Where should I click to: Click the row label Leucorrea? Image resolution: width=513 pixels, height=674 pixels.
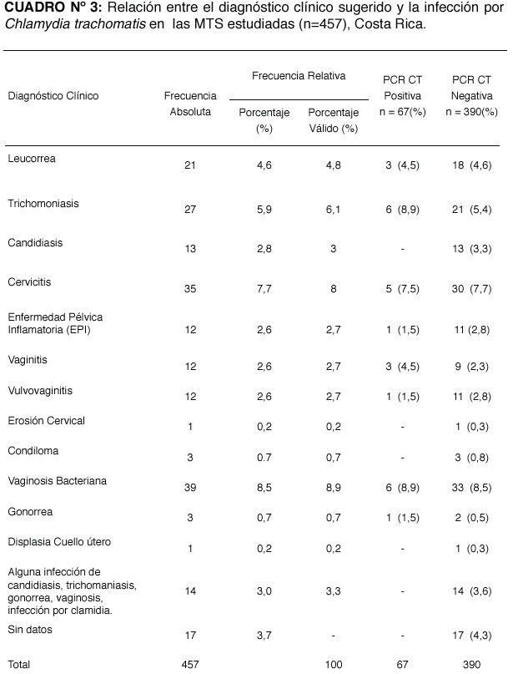(x=32, y=158)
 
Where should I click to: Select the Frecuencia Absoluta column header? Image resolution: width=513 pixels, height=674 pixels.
(x=190, y=104)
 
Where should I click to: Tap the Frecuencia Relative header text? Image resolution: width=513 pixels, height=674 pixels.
(x=299, y=76)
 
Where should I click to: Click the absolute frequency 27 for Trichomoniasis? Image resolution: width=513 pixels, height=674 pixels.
(x=190, y=210)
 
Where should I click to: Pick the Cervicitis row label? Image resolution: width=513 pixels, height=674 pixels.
(x=29, y=282)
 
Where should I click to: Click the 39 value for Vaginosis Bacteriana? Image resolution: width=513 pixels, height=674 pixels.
(x=190, y=488)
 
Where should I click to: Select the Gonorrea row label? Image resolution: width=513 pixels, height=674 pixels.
(x=30, y=511)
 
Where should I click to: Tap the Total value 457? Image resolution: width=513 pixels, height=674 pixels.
(x=190, y=665)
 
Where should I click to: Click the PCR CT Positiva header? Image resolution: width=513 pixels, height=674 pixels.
(x=402, y=96)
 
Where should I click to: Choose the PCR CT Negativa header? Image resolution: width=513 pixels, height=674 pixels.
(x=471, y=96)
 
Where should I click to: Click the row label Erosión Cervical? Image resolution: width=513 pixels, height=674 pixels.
(x=47, y=420)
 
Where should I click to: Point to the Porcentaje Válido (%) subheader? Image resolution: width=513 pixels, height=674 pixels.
(x=334, y=120)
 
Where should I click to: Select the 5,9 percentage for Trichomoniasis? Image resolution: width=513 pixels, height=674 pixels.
(x=264, y=210)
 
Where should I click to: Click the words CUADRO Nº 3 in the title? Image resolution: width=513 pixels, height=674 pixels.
(x=53, y=8)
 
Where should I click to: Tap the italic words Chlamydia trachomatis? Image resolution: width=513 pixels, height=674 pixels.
(x=75, y=24)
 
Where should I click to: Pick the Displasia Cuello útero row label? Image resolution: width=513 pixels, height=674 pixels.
(x=59, y=541)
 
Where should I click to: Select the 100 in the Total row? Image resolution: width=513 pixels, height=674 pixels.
(x=334, y=665)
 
